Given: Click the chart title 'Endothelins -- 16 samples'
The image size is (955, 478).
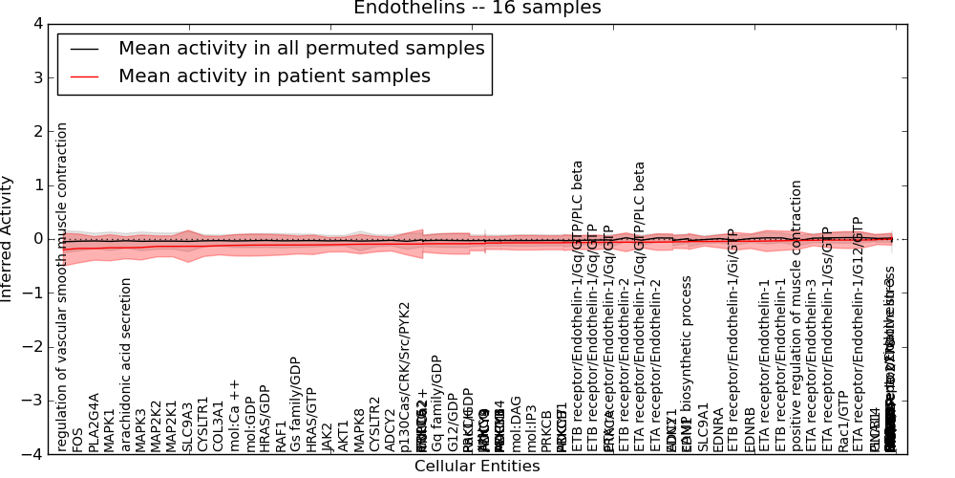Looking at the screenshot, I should coord(477,9).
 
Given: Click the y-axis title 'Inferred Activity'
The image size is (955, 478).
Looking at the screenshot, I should coord(9,238).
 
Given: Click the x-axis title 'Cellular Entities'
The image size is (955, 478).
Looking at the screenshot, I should coord(477,467).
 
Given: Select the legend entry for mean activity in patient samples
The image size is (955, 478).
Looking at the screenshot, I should coord(274,76).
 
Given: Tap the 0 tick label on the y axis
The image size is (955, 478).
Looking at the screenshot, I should coord(39,239).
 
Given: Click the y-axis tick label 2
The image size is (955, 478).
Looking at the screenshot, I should coord(39,131).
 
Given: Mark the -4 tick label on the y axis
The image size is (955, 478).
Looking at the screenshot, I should coord(35,454).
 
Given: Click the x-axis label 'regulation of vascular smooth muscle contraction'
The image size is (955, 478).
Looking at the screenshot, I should coord(63,287).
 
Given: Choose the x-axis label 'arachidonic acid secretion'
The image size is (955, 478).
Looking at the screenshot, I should coord(125,364).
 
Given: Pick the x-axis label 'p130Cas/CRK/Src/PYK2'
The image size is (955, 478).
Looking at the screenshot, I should coord(405,377).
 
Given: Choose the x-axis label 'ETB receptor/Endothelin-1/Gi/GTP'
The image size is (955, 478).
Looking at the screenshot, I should coord(732,339).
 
